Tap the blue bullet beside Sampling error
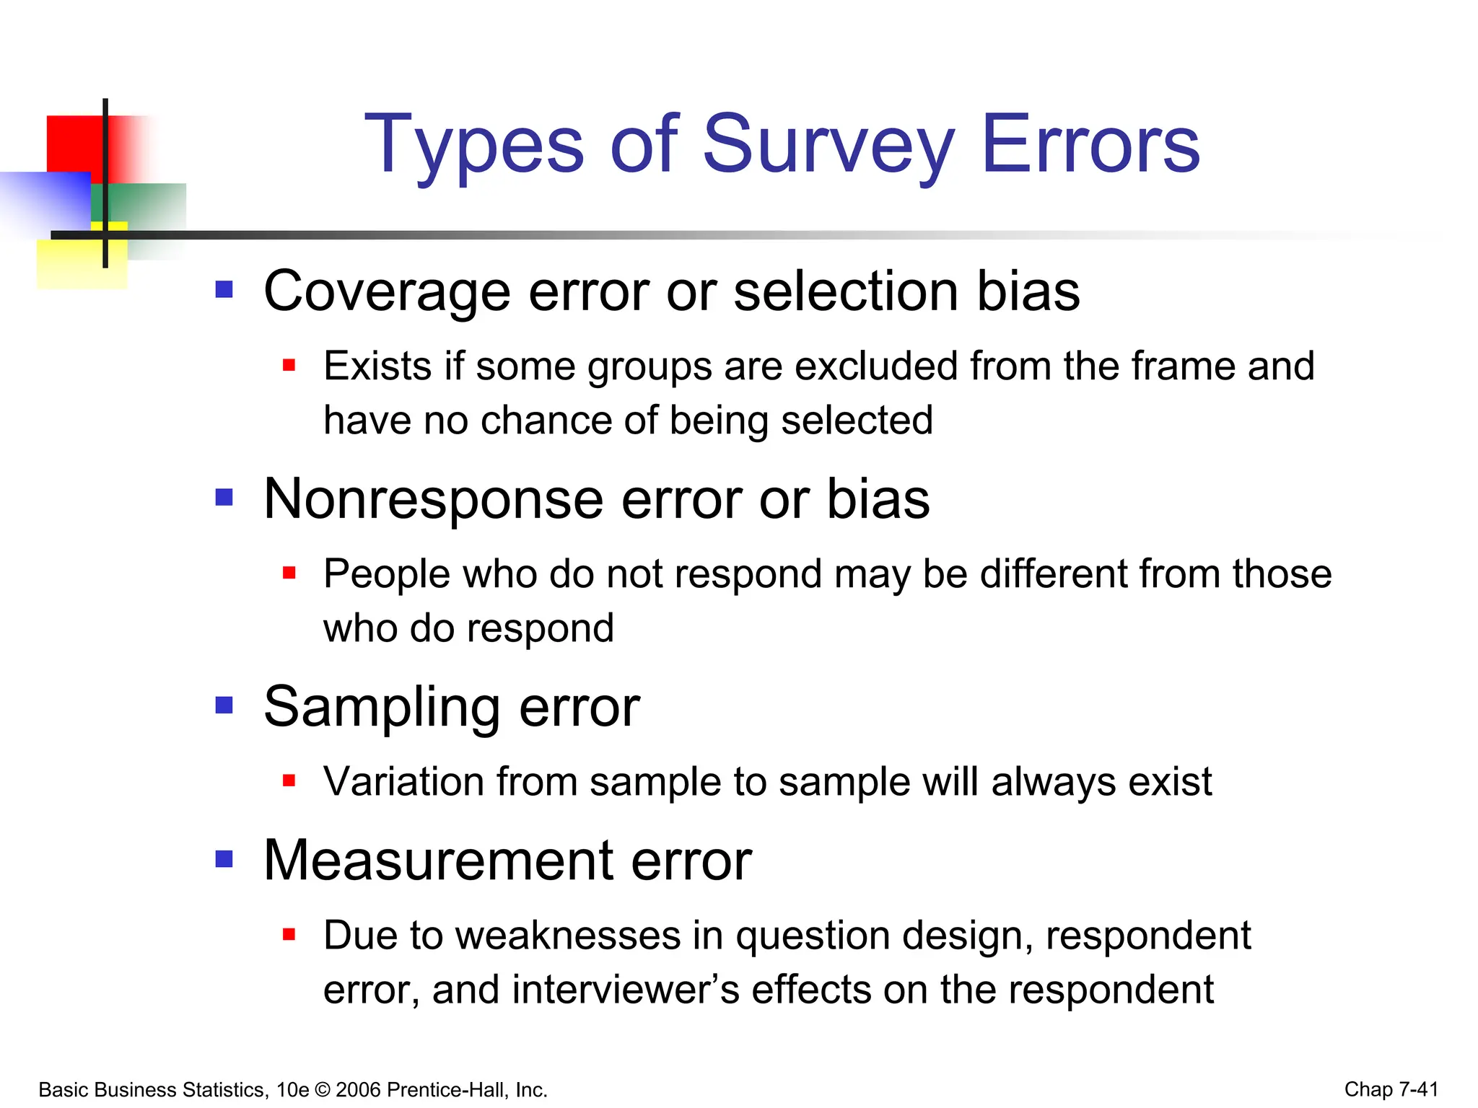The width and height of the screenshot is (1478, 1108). (224, 705)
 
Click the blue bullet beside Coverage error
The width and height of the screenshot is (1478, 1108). (224, 289)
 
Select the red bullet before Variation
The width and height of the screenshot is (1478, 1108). (289, 780)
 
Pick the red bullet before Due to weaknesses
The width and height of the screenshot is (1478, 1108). (289, 935)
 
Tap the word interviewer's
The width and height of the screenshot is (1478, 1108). (626, 989)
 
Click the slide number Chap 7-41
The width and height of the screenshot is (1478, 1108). (1391, 1089)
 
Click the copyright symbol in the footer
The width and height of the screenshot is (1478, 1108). (323, 1090)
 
